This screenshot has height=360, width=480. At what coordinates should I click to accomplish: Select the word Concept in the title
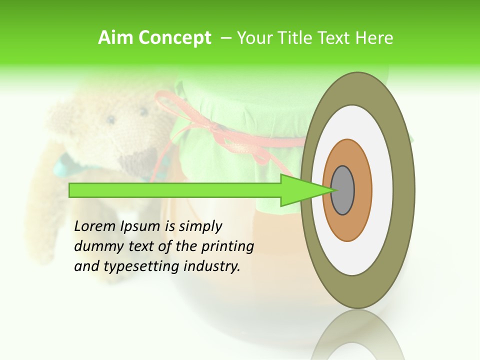(x=174, y=38)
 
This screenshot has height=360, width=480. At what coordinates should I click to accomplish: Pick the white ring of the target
(x=382, y=190)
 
